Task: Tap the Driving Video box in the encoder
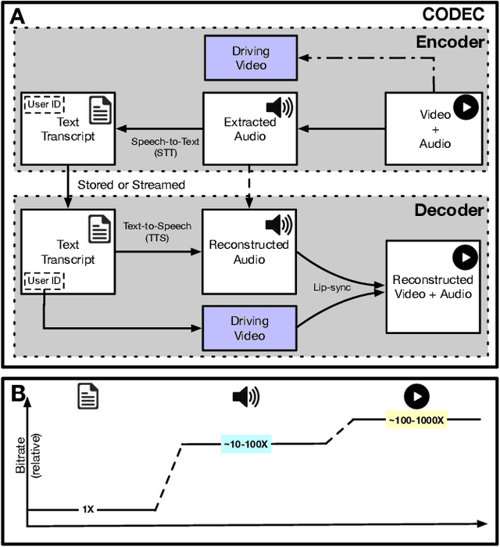point(249,59)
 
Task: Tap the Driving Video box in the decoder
point(249,328)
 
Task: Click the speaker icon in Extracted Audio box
point(279,108)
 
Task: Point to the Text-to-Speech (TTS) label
point(156,231)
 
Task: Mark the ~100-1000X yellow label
point(415,420)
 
